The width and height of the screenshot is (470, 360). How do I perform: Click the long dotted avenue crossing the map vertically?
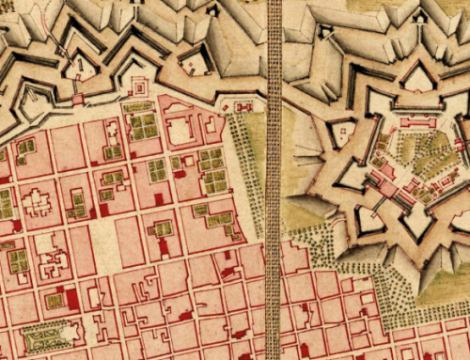coord(274,188)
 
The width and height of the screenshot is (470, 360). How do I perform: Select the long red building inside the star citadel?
coord(415,122)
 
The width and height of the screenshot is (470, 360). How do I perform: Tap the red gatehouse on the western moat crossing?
coord(76,99)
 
